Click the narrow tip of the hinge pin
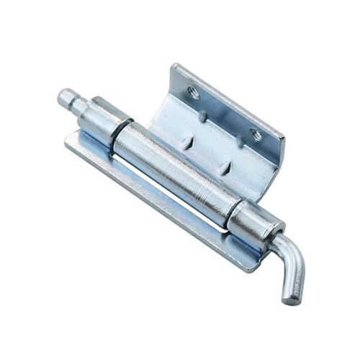[x=67, y=96]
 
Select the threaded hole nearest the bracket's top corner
[x=193, y=91]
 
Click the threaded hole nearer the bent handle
[x=255, y=134]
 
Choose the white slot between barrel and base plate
[x=144, y=184]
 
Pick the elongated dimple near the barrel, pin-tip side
[x=189, y=143]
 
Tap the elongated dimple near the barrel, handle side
[x=226, y=168]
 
